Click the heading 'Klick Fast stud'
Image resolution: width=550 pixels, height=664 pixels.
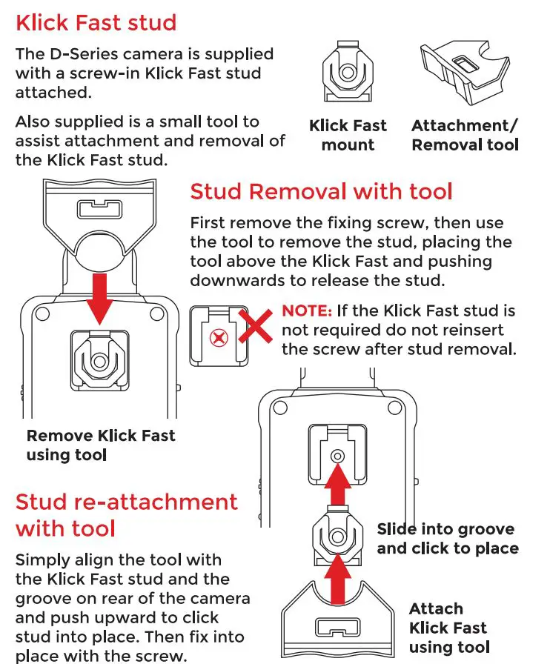pos(96,22)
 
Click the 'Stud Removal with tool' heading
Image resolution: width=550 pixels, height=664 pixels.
pos(321,192)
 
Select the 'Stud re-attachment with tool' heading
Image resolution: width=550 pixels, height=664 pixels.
pos(126,515)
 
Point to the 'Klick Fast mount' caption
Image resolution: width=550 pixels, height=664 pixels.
pos(348,135)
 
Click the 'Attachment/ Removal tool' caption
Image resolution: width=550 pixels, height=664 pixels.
pos(465,135)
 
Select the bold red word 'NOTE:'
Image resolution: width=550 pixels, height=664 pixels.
pos(307,311)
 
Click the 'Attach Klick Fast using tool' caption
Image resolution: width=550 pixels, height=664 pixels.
pos(448,628)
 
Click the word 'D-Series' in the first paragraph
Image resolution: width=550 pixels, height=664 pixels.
pos(80,54)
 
